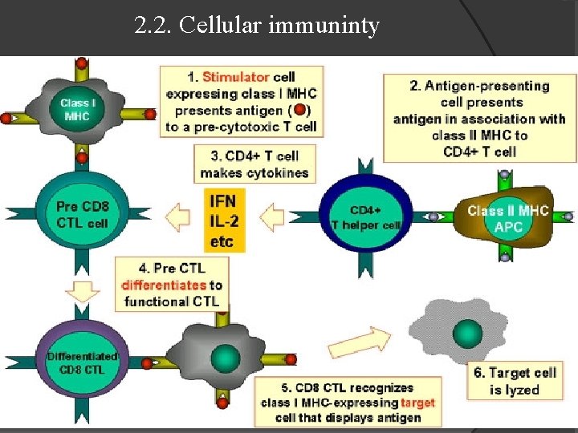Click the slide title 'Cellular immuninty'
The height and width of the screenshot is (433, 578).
point(257,26)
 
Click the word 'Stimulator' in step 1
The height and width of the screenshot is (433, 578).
point(235,77)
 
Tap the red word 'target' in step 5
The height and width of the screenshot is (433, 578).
point(417,403)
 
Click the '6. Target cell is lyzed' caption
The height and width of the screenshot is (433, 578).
point(512,381)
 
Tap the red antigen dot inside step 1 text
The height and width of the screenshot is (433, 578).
point(299,110)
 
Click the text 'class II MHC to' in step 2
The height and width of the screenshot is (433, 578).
point(479,135)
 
